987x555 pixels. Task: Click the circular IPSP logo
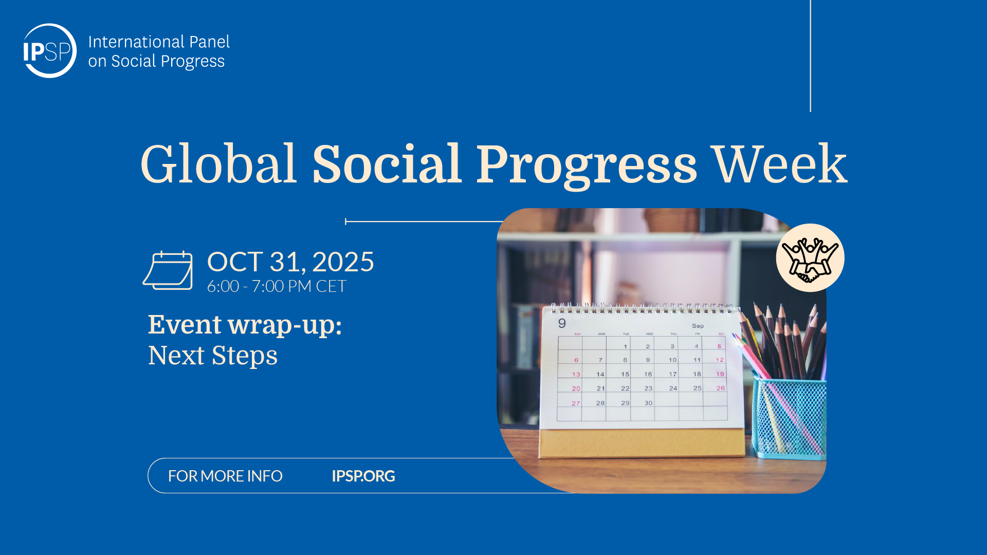(49, 51)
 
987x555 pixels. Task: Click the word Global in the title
(218, 164)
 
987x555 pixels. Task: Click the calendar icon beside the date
(168, 270)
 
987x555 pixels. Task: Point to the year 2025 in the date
(343, 262)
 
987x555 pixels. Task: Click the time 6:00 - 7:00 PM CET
(277, 286)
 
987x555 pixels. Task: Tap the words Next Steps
(213, 356)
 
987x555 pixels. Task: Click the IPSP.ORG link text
(363, 476)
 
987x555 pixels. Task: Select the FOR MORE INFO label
(225, 476)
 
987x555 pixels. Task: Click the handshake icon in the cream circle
(810, 258)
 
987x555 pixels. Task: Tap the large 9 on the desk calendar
(562, 323)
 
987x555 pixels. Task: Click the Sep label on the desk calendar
(698, 326)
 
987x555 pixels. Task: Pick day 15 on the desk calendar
(625, 374)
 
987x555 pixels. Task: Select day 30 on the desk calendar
(649, 403)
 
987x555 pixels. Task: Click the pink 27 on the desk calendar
(576, 403)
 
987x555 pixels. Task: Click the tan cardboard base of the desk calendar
(642, 443)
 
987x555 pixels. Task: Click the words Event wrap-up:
(245, 325)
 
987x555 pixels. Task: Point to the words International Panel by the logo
(159, 42)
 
